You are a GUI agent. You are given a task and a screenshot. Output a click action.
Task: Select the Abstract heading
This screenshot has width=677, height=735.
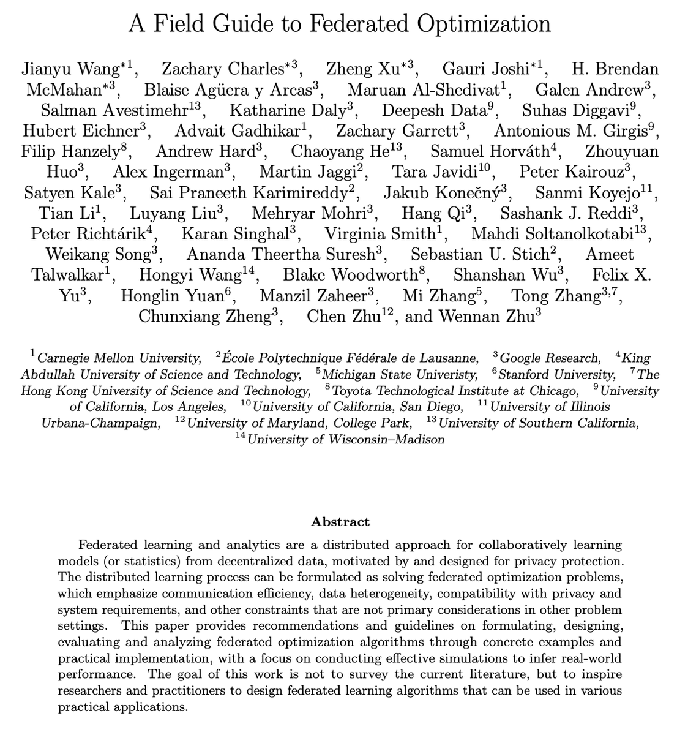click(340, 522)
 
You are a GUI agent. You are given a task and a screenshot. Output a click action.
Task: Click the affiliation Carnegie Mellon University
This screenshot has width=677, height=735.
click(119, 358)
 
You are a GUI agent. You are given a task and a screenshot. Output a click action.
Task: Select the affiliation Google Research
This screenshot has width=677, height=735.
click(550, 358)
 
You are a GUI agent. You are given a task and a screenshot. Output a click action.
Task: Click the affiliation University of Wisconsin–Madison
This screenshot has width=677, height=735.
click(346, 440)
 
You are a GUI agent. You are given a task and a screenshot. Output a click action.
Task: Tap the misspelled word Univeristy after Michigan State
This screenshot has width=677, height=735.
click(449, 374)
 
